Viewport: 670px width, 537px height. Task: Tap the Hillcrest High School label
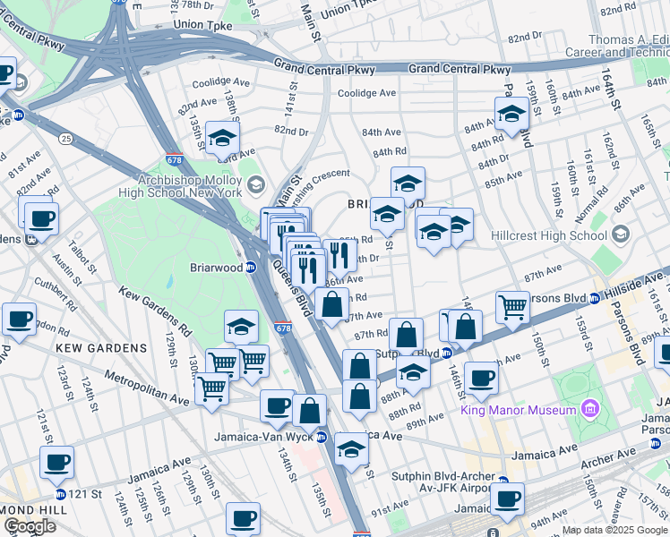(549, 235)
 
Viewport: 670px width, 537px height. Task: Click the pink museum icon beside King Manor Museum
(588, 410)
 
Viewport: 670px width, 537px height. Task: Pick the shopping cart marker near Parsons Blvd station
(512, 307)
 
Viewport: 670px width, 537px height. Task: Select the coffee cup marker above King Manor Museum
(480, 378)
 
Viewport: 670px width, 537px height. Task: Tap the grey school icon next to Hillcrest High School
(620, 235)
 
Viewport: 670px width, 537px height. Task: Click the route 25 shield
(65, 139)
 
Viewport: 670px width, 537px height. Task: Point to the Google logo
(30, 526)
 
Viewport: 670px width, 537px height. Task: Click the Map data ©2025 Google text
(614, 530)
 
